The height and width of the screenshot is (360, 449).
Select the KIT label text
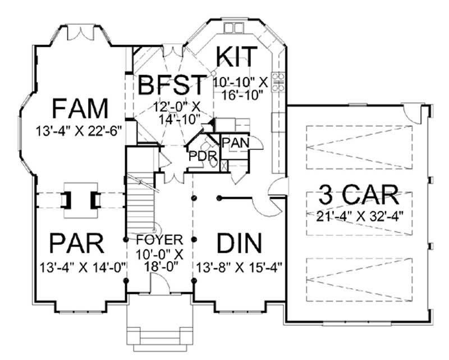point(237,57)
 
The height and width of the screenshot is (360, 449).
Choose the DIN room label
point(239,244)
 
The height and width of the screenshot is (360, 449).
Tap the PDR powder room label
point(199,154)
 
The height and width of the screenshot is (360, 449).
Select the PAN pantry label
point(235,142)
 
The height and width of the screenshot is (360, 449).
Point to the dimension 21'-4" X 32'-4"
point(359,215)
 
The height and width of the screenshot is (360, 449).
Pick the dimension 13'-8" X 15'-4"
point(239,266)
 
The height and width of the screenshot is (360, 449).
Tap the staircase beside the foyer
point(141,202)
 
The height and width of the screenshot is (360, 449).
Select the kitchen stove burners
point(277,82)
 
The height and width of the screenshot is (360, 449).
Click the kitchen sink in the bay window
point(231,28)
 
